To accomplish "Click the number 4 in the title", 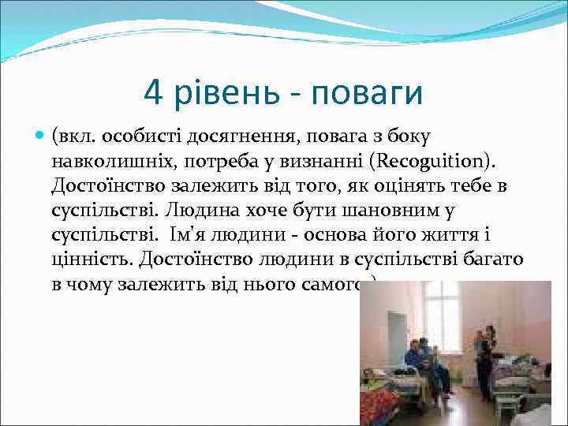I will pyautogui.click(x=154, y=93).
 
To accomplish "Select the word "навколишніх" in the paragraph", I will pyautogui.click(x=103, y=162).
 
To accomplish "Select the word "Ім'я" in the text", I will pyautogui.click(x=190, y=235).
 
